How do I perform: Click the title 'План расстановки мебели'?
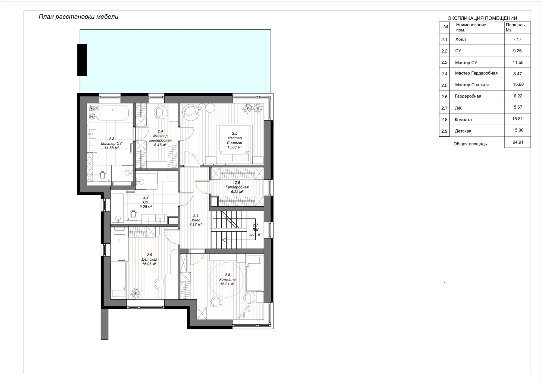(78, 17)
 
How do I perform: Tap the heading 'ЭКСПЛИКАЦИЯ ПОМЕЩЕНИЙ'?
(482, 18)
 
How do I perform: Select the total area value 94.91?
(518, 142)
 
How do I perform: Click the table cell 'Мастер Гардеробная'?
(476, 73)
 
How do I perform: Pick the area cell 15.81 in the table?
(517, 119)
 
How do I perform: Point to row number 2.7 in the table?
(444, 108)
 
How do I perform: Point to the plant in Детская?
(135, 293)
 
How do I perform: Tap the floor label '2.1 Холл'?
(195, 220)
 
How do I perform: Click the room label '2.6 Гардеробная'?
(237, 187)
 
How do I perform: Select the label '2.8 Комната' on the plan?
(227, 279)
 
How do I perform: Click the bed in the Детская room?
(118, 279)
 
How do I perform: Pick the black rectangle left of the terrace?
(82, 60)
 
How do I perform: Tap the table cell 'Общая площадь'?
(470, 144)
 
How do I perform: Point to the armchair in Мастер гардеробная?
(160, 112)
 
